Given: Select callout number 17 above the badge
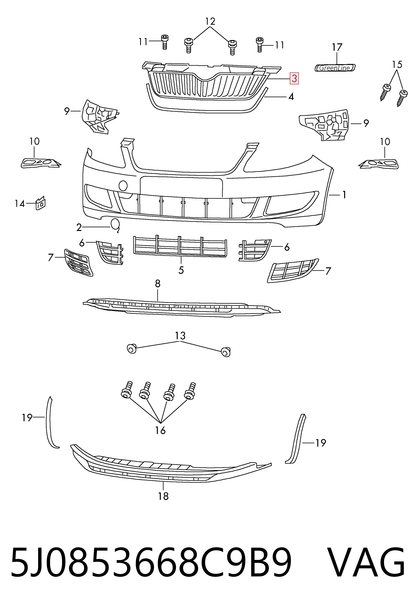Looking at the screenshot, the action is coord(337,47).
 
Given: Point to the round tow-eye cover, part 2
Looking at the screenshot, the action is coord(115,225).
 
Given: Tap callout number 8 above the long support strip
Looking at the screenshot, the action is coord(157,284).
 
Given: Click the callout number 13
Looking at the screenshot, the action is coord(180,336).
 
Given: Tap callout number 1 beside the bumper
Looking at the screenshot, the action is coord(344,195).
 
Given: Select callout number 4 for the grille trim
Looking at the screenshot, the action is coord(291,97).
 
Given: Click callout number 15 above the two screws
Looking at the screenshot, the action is coord(397,65).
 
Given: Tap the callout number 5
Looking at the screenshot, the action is coord(181,270).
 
